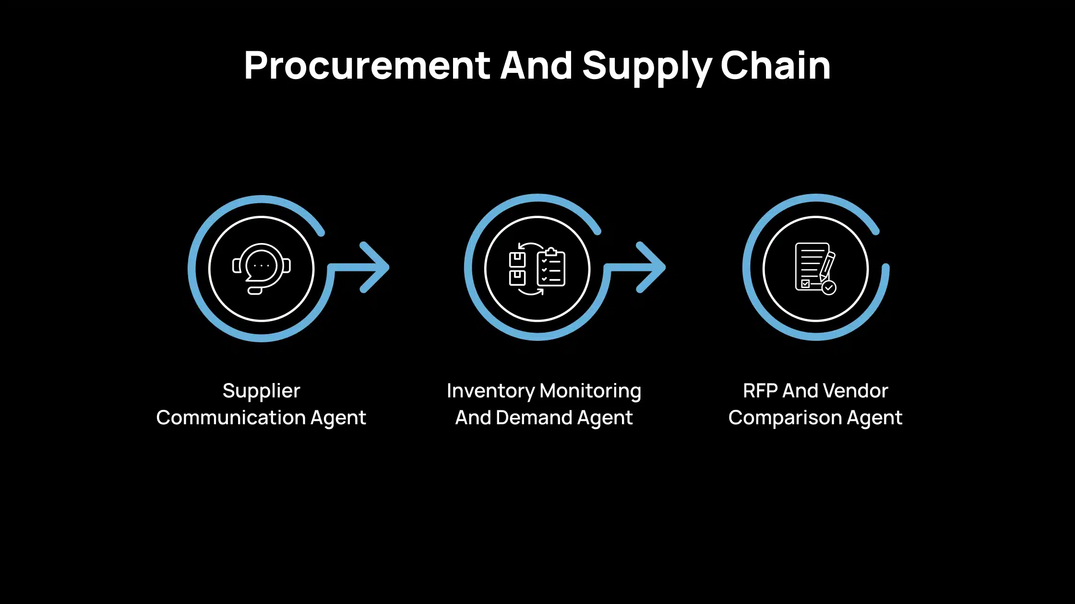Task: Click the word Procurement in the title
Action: [367, 66]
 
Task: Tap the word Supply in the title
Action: [646, 66]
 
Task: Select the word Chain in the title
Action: [776, 66]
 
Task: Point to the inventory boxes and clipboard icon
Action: [537, 268]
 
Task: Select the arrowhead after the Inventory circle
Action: [652, 267]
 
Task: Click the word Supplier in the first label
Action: [261, 391]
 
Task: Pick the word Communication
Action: [231, 418]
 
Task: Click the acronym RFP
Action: [760, 391]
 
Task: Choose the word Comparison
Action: [785, 418]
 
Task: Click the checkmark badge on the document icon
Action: [829, 288]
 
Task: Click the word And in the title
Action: [536, 66]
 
